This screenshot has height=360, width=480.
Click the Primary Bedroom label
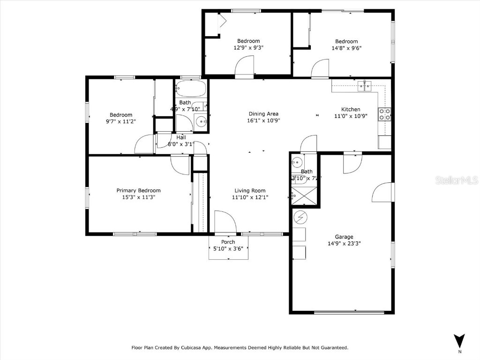coord(138,190)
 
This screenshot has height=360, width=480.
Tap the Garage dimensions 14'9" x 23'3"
coord(344,243)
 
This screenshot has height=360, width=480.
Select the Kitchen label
coord(350,109)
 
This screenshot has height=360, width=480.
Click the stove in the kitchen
coord(384,114)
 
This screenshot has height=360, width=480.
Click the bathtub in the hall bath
coord(191,88)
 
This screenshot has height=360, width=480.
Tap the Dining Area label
coord(263,113)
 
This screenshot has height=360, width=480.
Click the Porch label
coord(228,242)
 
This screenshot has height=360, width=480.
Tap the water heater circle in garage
coord(300,217)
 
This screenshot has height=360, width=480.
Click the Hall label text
coord(181,137)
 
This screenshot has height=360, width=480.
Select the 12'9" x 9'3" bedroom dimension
coord(248,47)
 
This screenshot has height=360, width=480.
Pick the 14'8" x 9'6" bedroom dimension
coord(346,48)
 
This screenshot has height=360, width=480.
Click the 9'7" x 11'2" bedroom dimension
coord(120,121)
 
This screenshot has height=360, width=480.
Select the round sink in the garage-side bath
coord(296,163)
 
